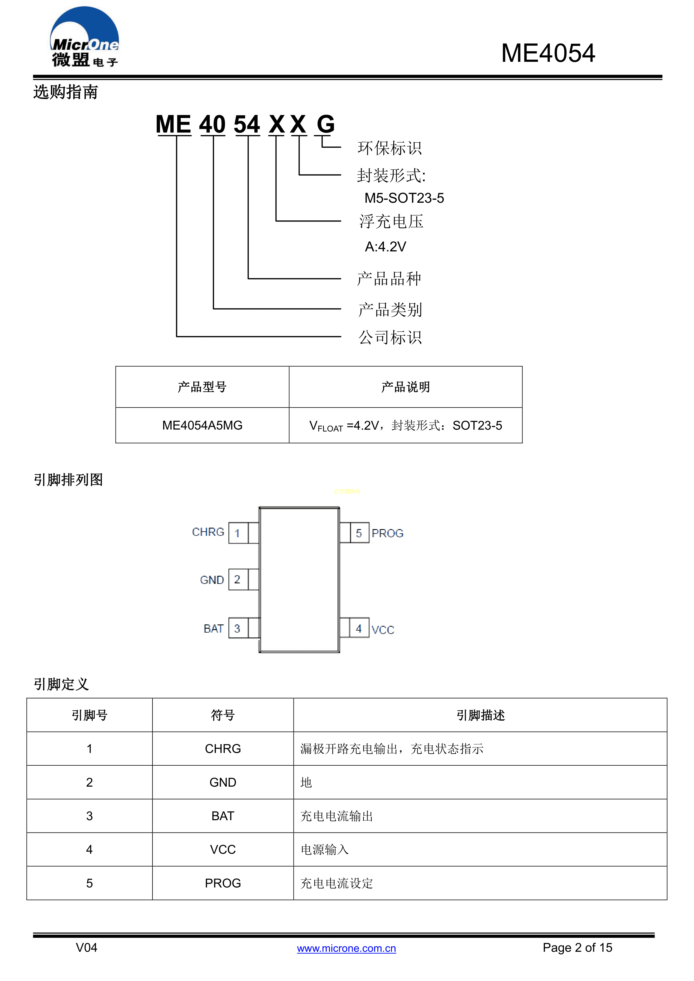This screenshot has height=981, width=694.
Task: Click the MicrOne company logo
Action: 84,37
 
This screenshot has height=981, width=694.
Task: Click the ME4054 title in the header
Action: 548,53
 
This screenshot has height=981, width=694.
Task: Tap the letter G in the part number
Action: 326,124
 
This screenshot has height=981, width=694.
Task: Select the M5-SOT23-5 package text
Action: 404,198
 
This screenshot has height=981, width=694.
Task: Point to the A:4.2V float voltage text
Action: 385,247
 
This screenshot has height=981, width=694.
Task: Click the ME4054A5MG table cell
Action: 202,425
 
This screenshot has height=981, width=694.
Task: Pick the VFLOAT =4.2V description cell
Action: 406,425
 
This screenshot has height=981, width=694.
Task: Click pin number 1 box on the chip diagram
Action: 238,533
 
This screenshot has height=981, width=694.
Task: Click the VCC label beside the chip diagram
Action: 383,630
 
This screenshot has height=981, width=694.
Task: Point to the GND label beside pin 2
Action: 212,580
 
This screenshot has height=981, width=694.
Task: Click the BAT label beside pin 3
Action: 214,629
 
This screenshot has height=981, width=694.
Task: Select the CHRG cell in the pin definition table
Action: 223,749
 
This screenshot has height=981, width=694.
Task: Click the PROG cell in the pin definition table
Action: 223,883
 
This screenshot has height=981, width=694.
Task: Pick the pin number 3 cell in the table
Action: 89,816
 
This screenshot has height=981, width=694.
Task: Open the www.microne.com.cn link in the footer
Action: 347,948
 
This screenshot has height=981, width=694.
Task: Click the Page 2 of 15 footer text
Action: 577,948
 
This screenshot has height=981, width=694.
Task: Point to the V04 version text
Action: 86,948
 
